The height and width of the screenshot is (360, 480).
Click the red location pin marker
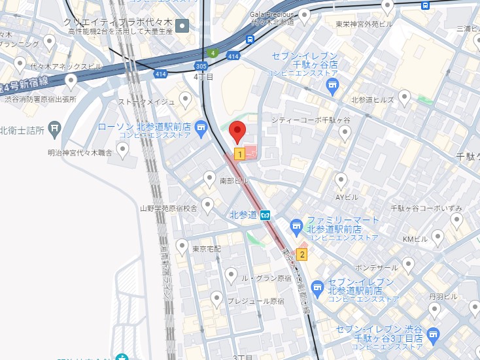point(238,131)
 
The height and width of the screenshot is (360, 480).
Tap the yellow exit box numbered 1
point(240,154)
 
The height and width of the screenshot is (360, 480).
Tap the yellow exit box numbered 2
point(301,254)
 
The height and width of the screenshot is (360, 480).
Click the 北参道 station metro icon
point(266,215)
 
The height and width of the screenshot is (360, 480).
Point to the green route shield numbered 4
point(212,53)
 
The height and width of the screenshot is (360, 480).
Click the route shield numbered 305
point(201,65)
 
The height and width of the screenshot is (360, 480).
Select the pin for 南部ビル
point(209,177)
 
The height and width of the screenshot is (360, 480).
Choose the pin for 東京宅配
point(182,246)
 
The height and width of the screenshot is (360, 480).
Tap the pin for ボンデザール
point(408,264)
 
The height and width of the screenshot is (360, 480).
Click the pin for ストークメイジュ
point(186,100)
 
